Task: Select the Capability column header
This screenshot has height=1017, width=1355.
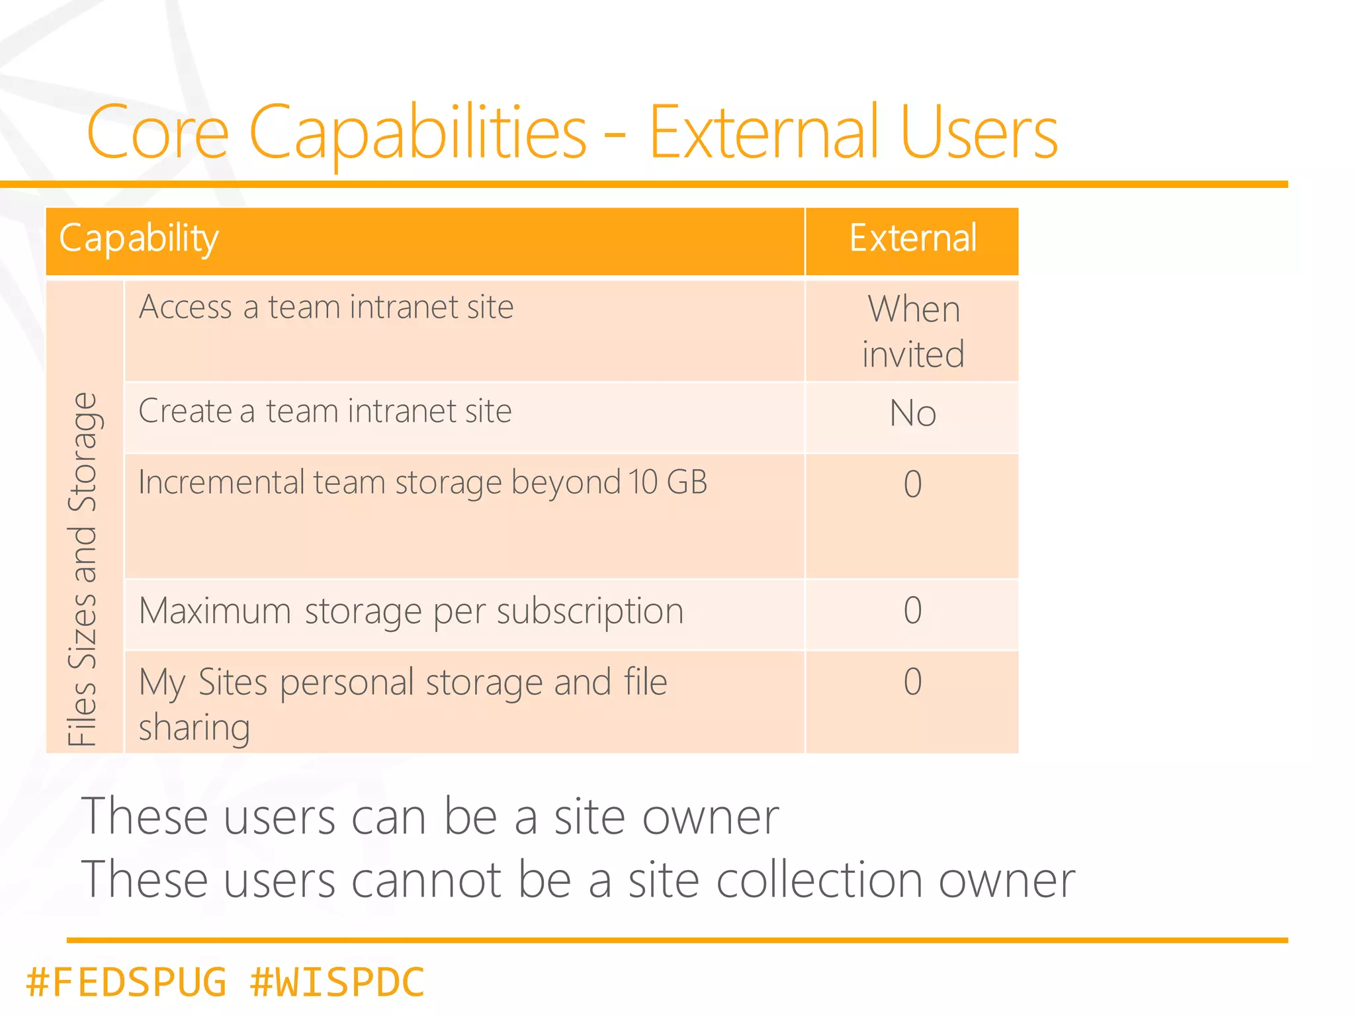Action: (x=139, y=238)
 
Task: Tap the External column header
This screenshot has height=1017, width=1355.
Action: (x=912, y=238)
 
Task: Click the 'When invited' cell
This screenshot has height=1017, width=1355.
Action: (x=912, y=331)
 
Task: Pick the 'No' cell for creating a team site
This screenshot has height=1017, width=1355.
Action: (x=912, y=414)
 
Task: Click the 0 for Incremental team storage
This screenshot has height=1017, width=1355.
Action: (x=912, y=484)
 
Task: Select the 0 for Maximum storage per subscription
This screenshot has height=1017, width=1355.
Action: (x=912, y=610)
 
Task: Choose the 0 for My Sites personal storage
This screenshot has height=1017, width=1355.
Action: (x=912, y=682)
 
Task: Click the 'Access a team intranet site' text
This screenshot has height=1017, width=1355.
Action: (x=326, y=308)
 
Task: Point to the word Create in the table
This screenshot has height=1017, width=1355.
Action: (x=185, y=411)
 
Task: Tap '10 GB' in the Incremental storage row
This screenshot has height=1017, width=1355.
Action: (x=668, y=482)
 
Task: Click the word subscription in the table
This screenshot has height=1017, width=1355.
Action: (x=590, y=611)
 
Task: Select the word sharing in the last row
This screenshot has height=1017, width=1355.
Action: (x=194, y=728)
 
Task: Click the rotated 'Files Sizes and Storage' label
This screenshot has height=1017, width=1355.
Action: (x=83, y=569)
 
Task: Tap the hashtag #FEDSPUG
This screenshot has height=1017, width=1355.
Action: (x=126, y=982)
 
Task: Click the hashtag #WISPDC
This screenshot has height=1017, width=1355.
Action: (x=337, y=982)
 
